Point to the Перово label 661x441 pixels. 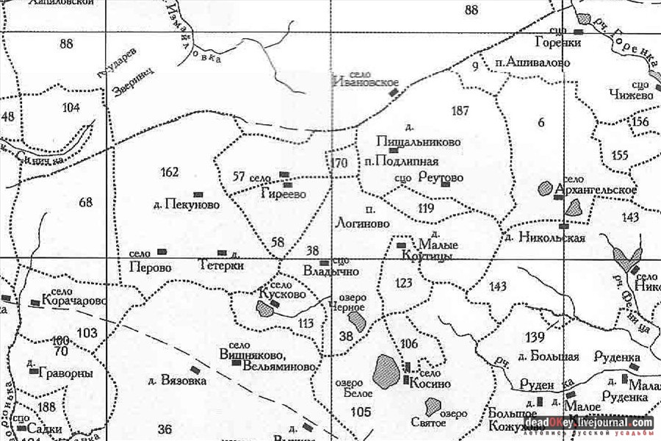(x=150, y=267)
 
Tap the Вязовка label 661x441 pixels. (x=177, y=381)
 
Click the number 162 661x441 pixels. (x=169, y=172)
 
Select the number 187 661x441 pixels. (x=460, y=111)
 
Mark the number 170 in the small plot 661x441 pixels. (x=339, y=162)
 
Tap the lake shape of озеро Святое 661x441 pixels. (x=433, y=406)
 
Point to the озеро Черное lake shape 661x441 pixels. (x=358, y=321)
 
